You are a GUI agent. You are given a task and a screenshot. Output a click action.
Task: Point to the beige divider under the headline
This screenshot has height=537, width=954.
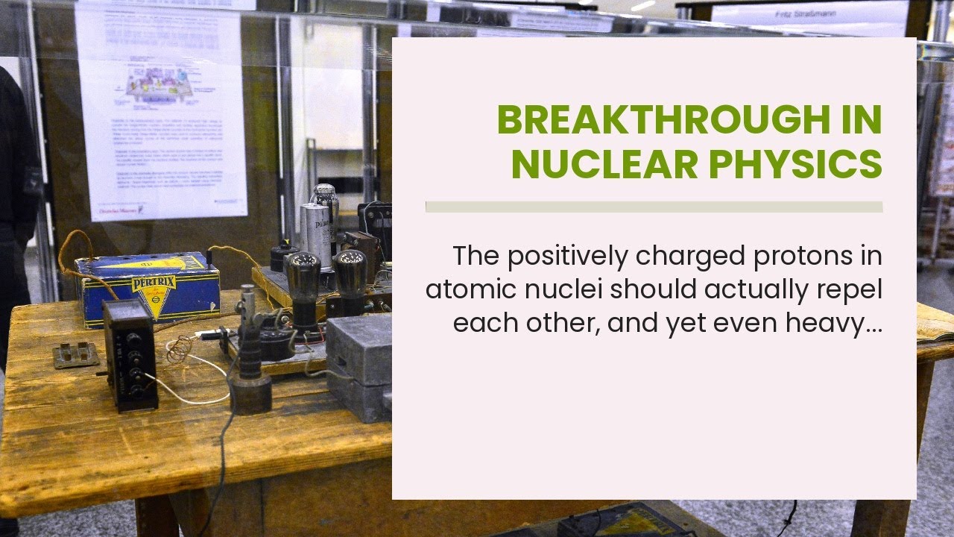point(654,207)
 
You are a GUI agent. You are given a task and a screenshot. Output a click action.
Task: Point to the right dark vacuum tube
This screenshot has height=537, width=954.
point(350,280)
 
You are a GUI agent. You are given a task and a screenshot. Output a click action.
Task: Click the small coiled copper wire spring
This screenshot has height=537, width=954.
point(179,349)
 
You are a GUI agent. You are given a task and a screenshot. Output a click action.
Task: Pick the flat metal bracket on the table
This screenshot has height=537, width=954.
point(76,354)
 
